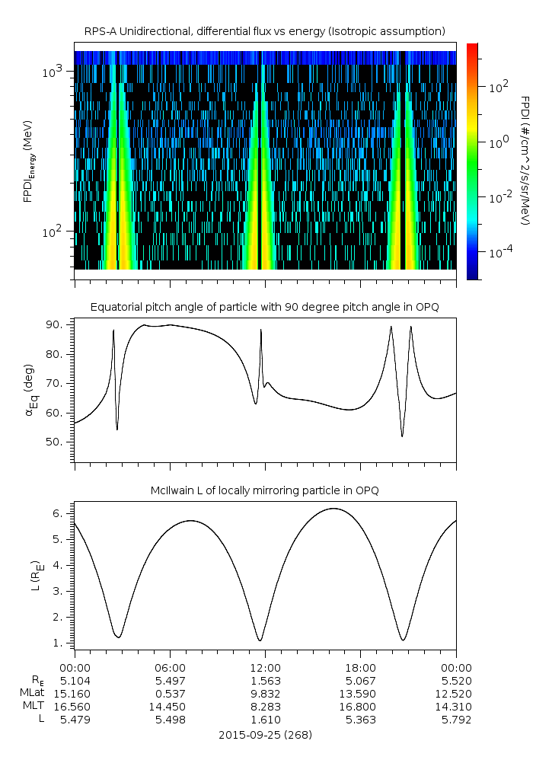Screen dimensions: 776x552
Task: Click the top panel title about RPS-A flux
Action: click(x=264, y=30)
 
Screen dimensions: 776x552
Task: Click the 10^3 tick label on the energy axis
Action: click(x=55, y=71)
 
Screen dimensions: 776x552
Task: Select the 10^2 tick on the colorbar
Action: click(x=498, y=87)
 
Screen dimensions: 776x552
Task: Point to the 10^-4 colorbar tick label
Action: click(x=498, y=251)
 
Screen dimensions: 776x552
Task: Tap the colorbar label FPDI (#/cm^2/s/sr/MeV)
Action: click(x=525, y=161)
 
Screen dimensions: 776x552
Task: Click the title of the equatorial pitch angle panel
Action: click(x=264, y=307)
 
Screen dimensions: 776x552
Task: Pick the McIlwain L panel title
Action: click(x=264, y=491)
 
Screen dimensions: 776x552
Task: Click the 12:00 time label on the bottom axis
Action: click(x=265, y=667)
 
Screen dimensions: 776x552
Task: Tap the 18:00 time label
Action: click(x=360, y=667)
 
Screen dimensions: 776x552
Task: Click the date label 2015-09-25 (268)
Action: click(x=264, y=735)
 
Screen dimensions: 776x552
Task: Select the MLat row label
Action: click(x=34, y=693)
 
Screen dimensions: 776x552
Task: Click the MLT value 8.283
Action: click(x=265, y=706)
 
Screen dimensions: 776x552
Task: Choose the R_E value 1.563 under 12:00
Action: click(x=265, y=680)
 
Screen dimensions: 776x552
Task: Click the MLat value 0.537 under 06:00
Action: click(x=170, y=693)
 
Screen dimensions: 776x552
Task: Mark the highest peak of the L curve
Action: click(x=333, y=508)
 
